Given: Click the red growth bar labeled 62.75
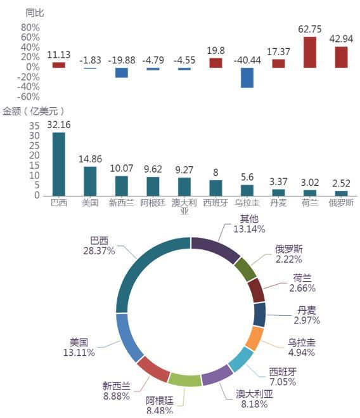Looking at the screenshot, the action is tap(310, 52).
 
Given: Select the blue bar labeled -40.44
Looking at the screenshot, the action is tap(247, 77).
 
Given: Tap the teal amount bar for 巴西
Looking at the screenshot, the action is tap(58, 164).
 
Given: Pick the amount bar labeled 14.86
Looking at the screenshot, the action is tap(90, 181).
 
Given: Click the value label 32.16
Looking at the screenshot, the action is tap(58, 125).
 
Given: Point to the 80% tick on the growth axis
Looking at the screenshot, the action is tap(30, 27).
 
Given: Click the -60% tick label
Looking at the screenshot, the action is tap(29, 96).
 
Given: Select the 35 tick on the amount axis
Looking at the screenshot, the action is tap(34, 126).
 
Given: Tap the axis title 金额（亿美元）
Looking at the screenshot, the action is tap(34, 111).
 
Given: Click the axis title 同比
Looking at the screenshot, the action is tap(35, 13).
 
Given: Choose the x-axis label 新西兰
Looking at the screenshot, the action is tap(121, 203).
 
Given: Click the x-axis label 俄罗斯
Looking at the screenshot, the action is tap(341, 203).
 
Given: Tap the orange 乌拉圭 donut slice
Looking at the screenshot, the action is tap(255, 338).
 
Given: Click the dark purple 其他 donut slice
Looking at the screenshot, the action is tap(216, 248).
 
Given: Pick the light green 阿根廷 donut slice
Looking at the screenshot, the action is tap(184, 380).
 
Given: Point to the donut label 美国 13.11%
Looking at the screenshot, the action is tap(79, 348).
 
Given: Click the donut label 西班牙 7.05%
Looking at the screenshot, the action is tap(283, 377).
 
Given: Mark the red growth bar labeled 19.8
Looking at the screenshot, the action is tap(215, 63).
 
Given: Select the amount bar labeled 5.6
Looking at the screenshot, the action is tap(247, 191).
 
